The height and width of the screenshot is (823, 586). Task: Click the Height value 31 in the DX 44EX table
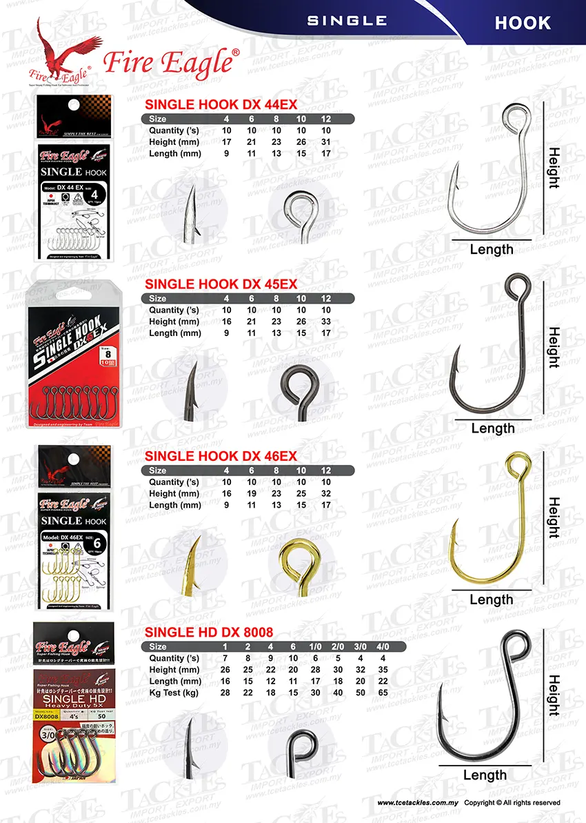coord(326,143)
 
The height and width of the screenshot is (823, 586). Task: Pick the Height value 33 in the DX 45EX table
coord(326,322)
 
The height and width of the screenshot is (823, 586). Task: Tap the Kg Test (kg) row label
coord(174,693)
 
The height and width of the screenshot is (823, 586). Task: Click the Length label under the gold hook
coord(492,600)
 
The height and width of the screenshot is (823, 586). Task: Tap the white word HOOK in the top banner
coord(523,23)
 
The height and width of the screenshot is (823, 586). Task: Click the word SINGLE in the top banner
coord(347,21)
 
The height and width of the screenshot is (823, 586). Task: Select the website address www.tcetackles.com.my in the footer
coord(417,803)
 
